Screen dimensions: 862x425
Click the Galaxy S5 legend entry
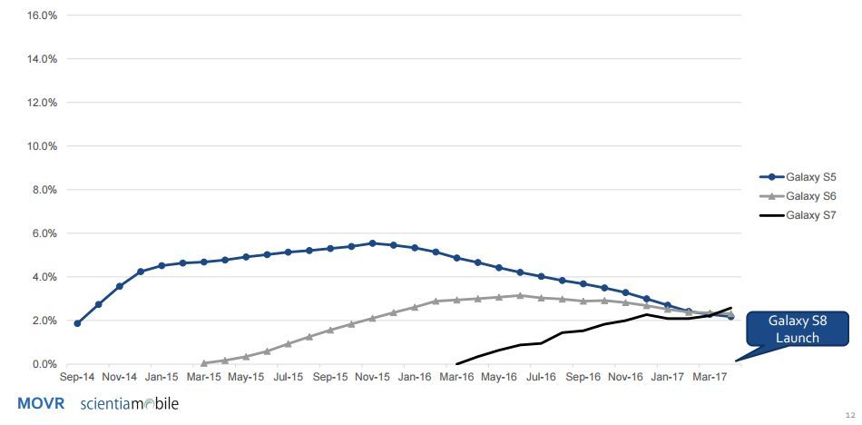coord(798,177)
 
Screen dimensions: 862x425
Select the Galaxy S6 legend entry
coord(798,196)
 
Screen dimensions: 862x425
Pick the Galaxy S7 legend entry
coord(798,215)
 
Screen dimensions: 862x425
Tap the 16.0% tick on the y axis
coord(42,15)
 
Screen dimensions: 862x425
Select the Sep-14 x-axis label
coord(77,377)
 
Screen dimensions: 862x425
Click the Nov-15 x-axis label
coord(372,377)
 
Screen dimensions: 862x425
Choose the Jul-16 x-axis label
coord(541,377)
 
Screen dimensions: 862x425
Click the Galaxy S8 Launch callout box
coord(798,329)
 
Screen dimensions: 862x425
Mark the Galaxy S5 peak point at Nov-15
coord(372,243)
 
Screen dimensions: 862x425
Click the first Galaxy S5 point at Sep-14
coord(77,323)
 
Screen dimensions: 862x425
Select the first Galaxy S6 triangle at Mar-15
coord(204,363)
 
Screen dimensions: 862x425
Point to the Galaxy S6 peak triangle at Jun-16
coord(520,295)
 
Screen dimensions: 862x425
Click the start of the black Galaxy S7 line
coord(456,364)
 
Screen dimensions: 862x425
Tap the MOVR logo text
coord(41,403)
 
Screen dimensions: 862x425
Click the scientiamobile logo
coord(130,403)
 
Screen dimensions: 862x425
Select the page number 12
coord(850,415)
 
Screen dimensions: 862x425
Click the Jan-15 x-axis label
coord(162,377)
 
